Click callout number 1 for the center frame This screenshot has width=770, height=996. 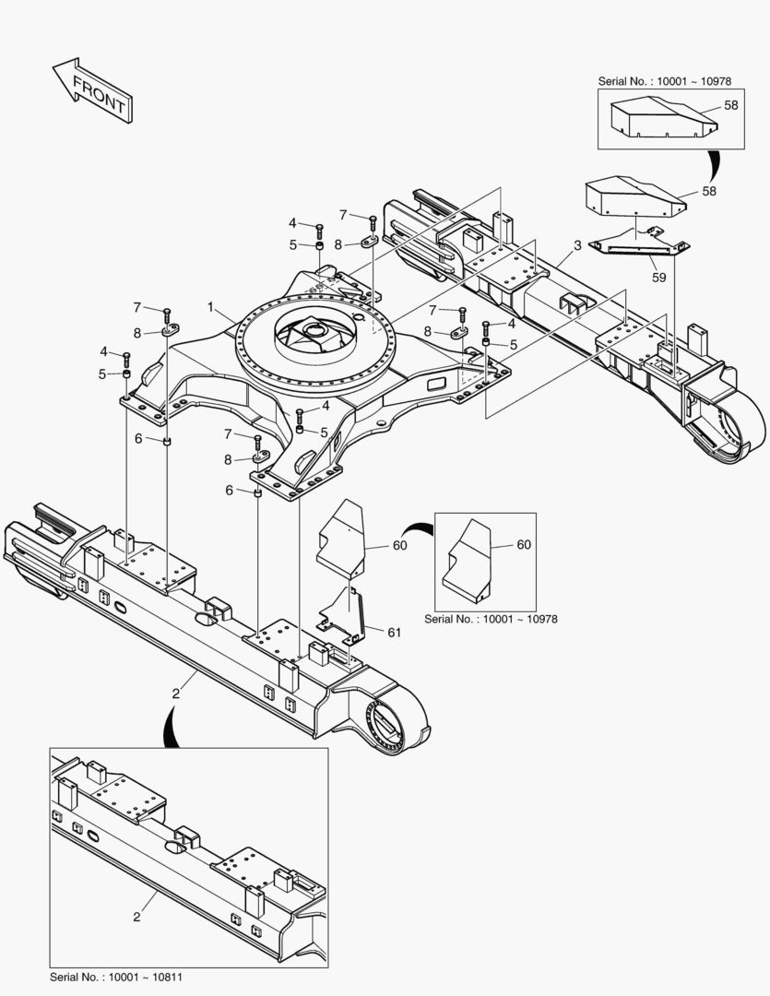click(210, 306)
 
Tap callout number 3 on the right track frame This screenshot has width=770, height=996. click(577, 244)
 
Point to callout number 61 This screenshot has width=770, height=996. click(395, 632)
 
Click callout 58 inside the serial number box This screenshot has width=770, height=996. click(731, 105)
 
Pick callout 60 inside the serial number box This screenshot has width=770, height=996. click(523, 545)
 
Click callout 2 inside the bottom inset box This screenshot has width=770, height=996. click(136, 916)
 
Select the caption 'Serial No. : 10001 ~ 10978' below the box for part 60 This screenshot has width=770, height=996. click(491, 619)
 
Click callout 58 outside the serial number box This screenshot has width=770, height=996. click(709, 191)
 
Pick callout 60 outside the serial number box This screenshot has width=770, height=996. click(399, 545)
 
